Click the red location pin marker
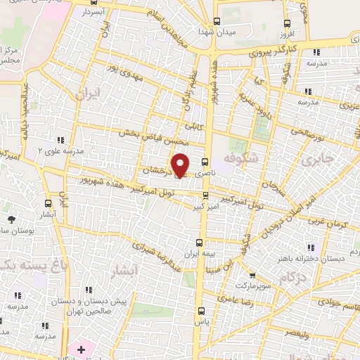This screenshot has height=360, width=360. (181, 166)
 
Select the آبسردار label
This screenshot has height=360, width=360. (92, 13)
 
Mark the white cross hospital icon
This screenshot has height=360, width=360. (81, 349)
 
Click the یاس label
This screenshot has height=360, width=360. (202, 321)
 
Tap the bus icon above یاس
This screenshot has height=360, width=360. (202, 309)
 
